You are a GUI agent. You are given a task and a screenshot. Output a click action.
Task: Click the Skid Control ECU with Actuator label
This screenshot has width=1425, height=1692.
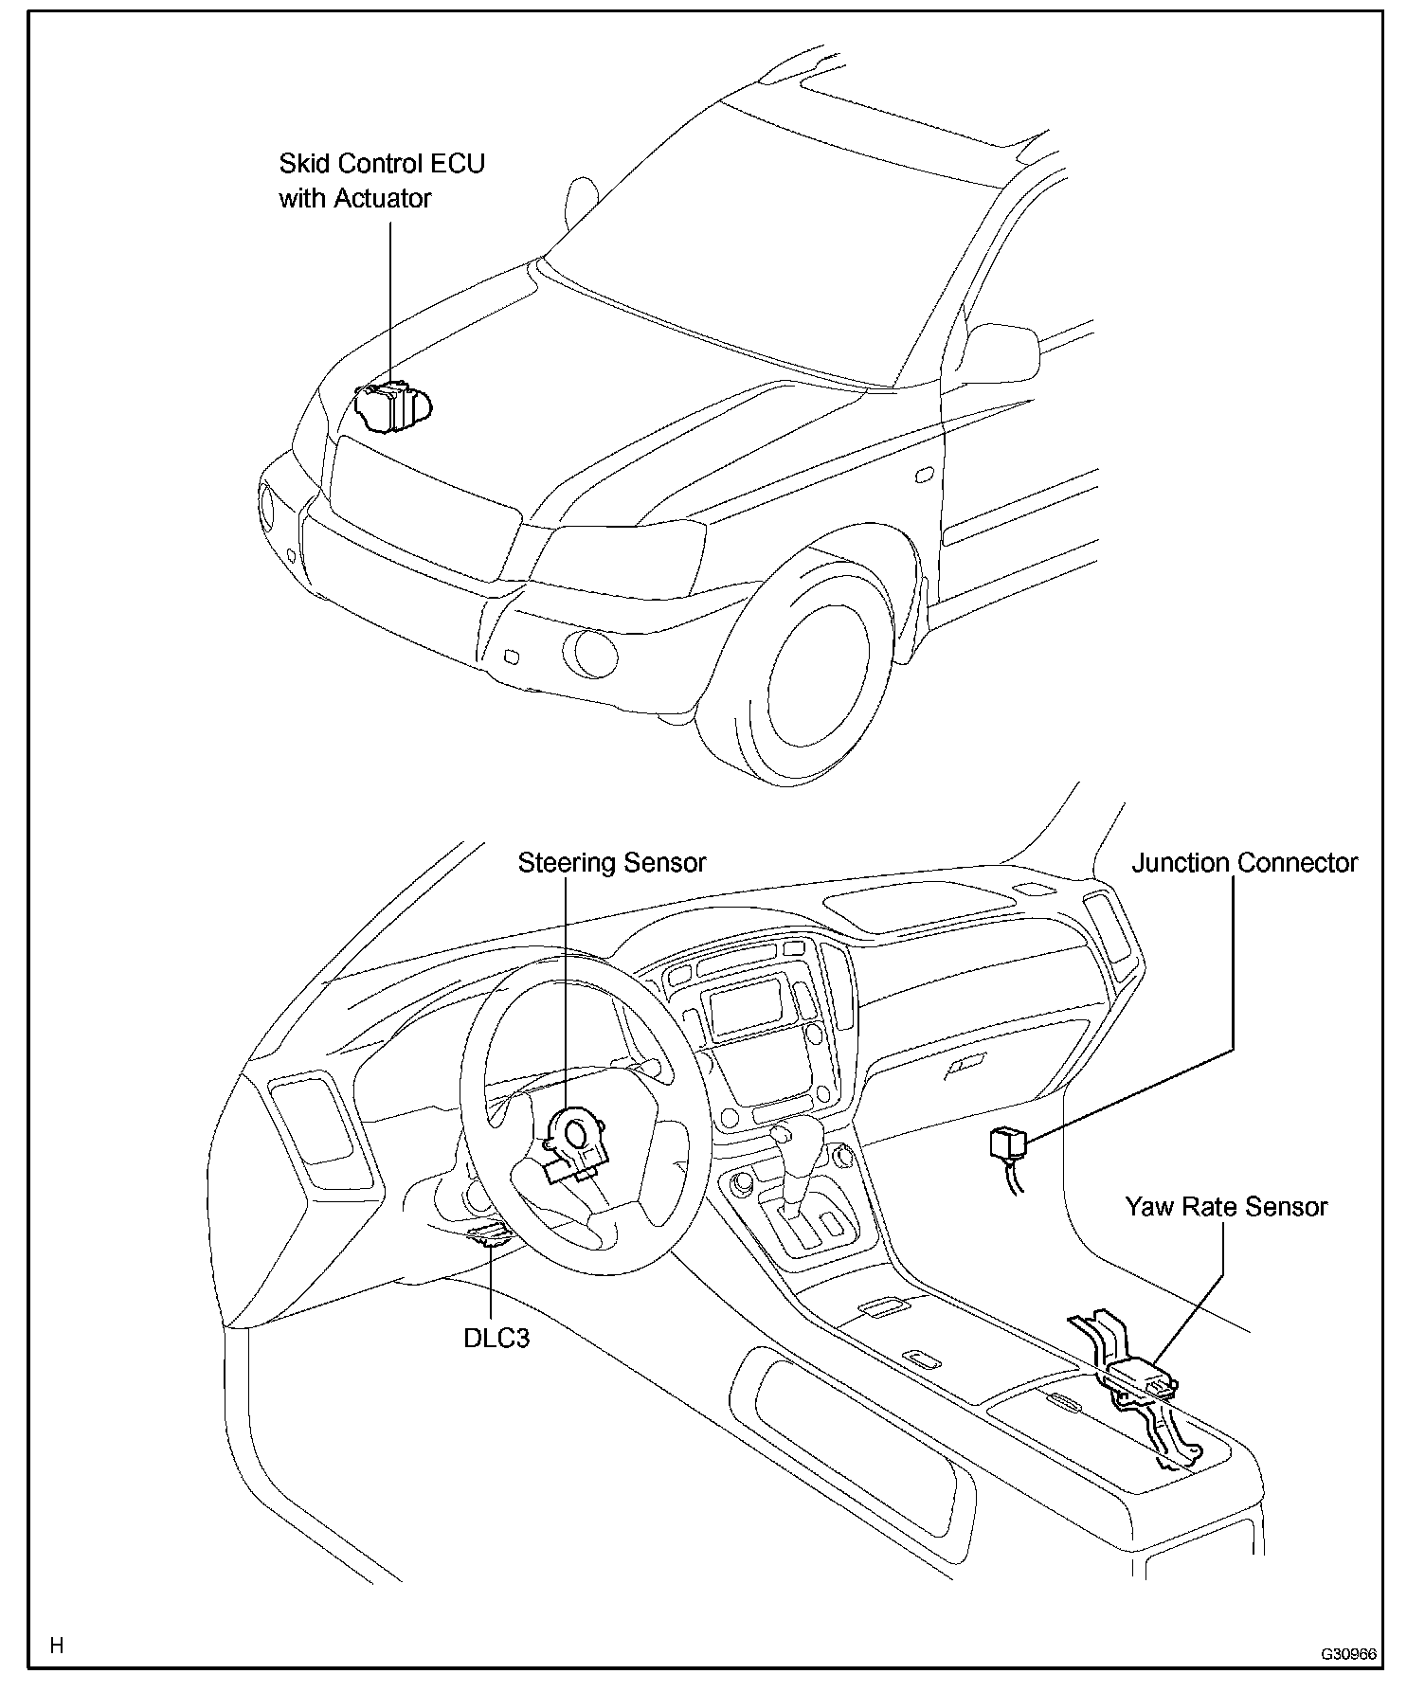tap(381, 181)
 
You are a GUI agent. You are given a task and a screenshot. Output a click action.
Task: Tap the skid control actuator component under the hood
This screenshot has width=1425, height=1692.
tap(392, 406)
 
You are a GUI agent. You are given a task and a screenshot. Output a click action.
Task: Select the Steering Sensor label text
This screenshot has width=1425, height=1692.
tap(611, 863)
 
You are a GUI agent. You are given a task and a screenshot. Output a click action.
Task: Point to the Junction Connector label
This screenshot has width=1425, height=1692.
tap(1244, 863)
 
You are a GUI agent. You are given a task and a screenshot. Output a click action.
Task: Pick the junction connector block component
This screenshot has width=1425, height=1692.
tap(1006, 1143)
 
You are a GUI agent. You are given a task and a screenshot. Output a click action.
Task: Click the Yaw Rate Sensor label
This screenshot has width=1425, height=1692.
tap(1226, 1207)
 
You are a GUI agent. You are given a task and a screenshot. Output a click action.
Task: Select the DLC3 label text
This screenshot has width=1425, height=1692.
tap(496, 1339)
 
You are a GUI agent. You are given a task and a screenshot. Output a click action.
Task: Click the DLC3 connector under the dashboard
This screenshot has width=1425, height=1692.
tap(491, 1234)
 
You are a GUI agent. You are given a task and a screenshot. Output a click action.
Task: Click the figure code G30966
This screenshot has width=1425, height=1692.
tap(1349, 1654)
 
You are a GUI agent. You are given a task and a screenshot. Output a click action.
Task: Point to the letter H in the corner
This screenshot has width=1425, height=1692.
tap(57, 1646)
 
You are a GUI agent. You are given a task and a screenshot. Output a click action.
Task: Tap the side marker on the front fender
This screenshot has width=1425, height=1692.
tap(926, 474)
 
